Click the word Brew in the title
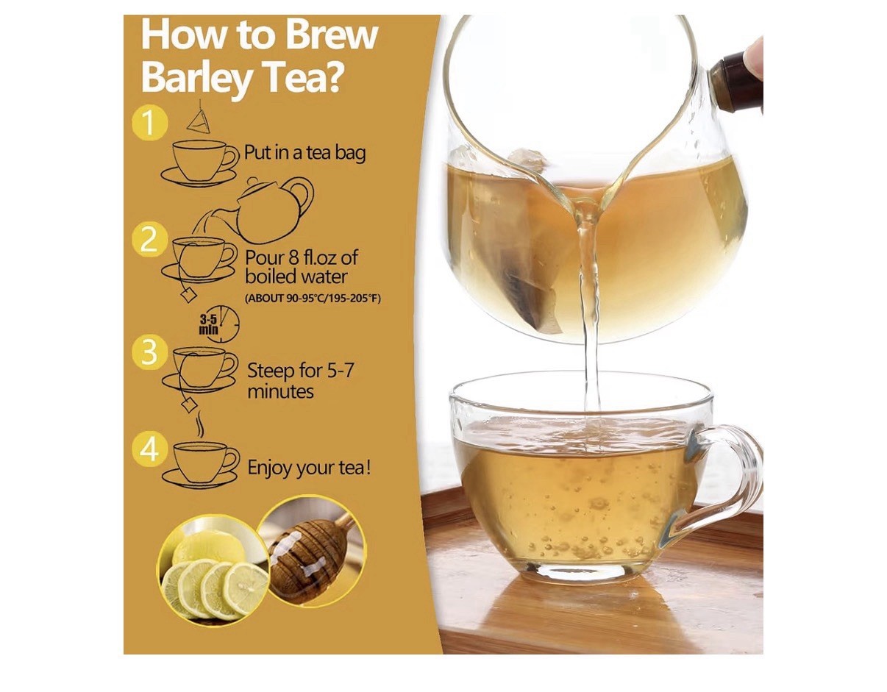point(331,35)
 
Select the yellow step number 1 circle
point(150,122)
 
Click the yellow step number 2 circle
point(150,239)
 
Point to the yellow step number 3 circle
point(150,352)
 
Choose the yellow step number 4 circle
point(150,450)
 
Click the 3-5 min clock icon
point(218,325)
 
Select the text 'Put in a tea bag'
point(304,153)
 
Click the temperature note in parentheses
point(313,299)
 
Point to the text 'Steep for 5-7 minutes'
point(300,381)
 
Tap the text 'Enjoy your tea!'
point(310,467)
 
